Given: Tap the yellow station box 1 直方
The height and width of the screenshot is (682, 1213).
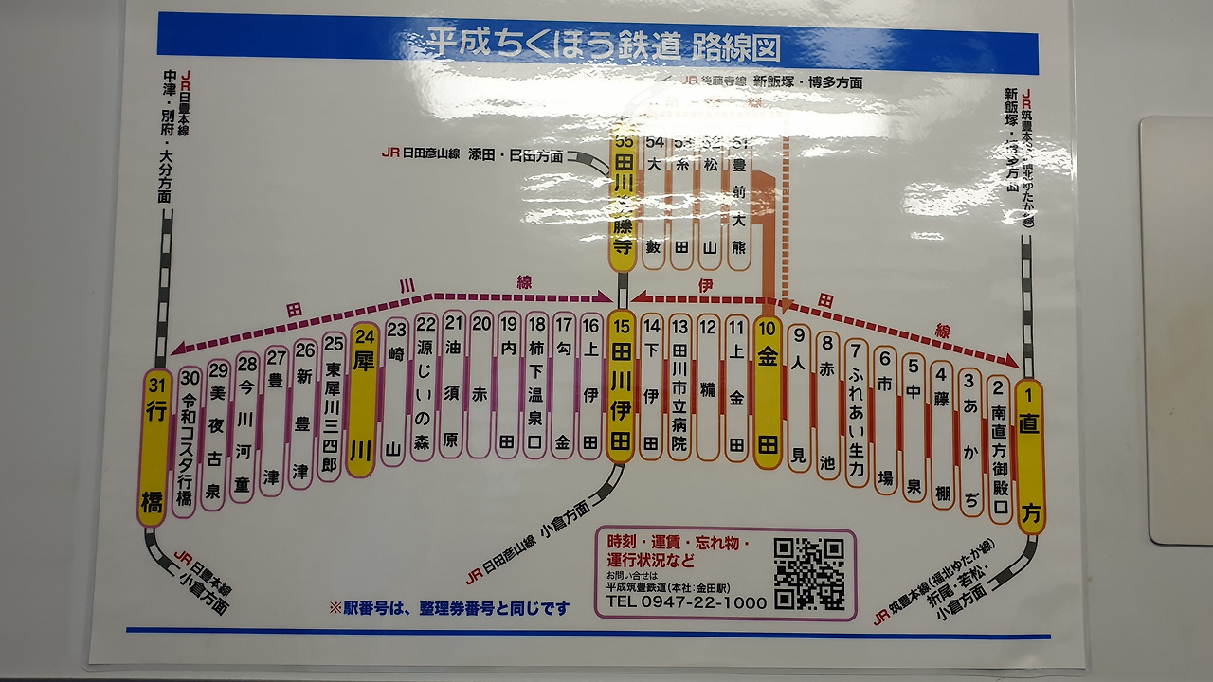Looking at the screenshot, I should tap(1028, 455).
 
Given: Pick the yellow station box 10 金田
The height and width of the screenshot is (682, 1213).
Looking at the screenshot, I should tap(767, 392).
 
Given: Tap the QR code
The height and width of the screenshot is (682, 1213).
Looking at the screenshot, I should tap(808, 574).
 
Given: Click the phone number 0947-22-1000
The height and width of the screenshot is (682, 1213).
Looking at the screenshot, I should tap(686, 602).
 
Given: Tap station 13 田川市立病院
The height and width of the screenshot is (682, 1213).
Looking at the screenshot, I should tap(679, 388).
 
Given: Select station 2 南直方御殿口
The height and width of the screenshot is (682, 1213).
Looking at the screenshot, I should tap(998, 449).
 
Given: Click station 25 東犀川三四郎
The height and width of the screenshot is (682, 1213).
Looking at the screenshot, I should tap(332, 407).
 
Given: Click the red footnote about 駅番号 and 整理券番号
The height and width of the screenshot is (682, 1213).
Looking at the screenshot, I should tap(449, 608).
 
